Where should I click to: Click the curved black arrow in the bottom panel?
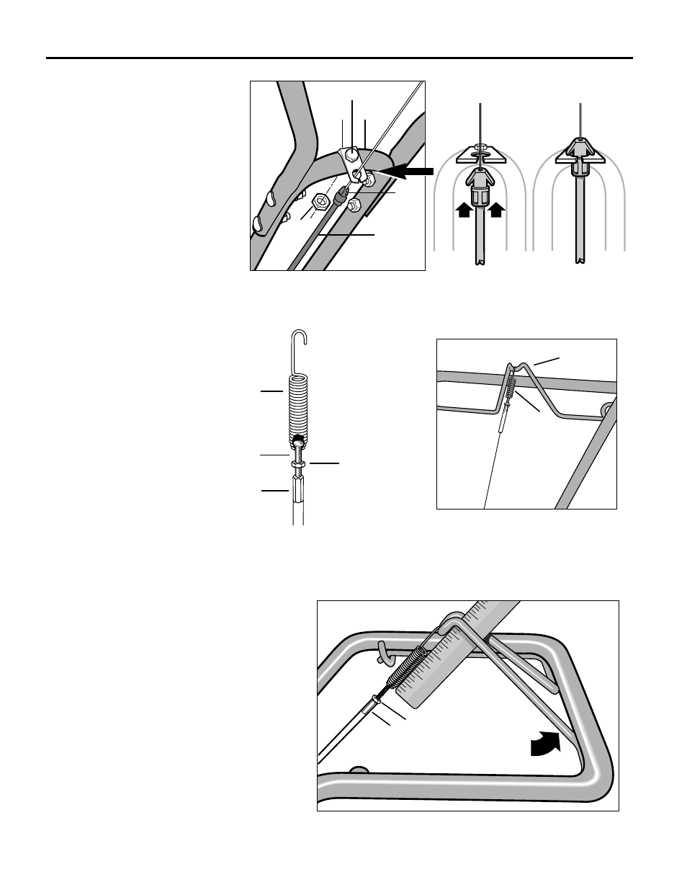546,743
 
